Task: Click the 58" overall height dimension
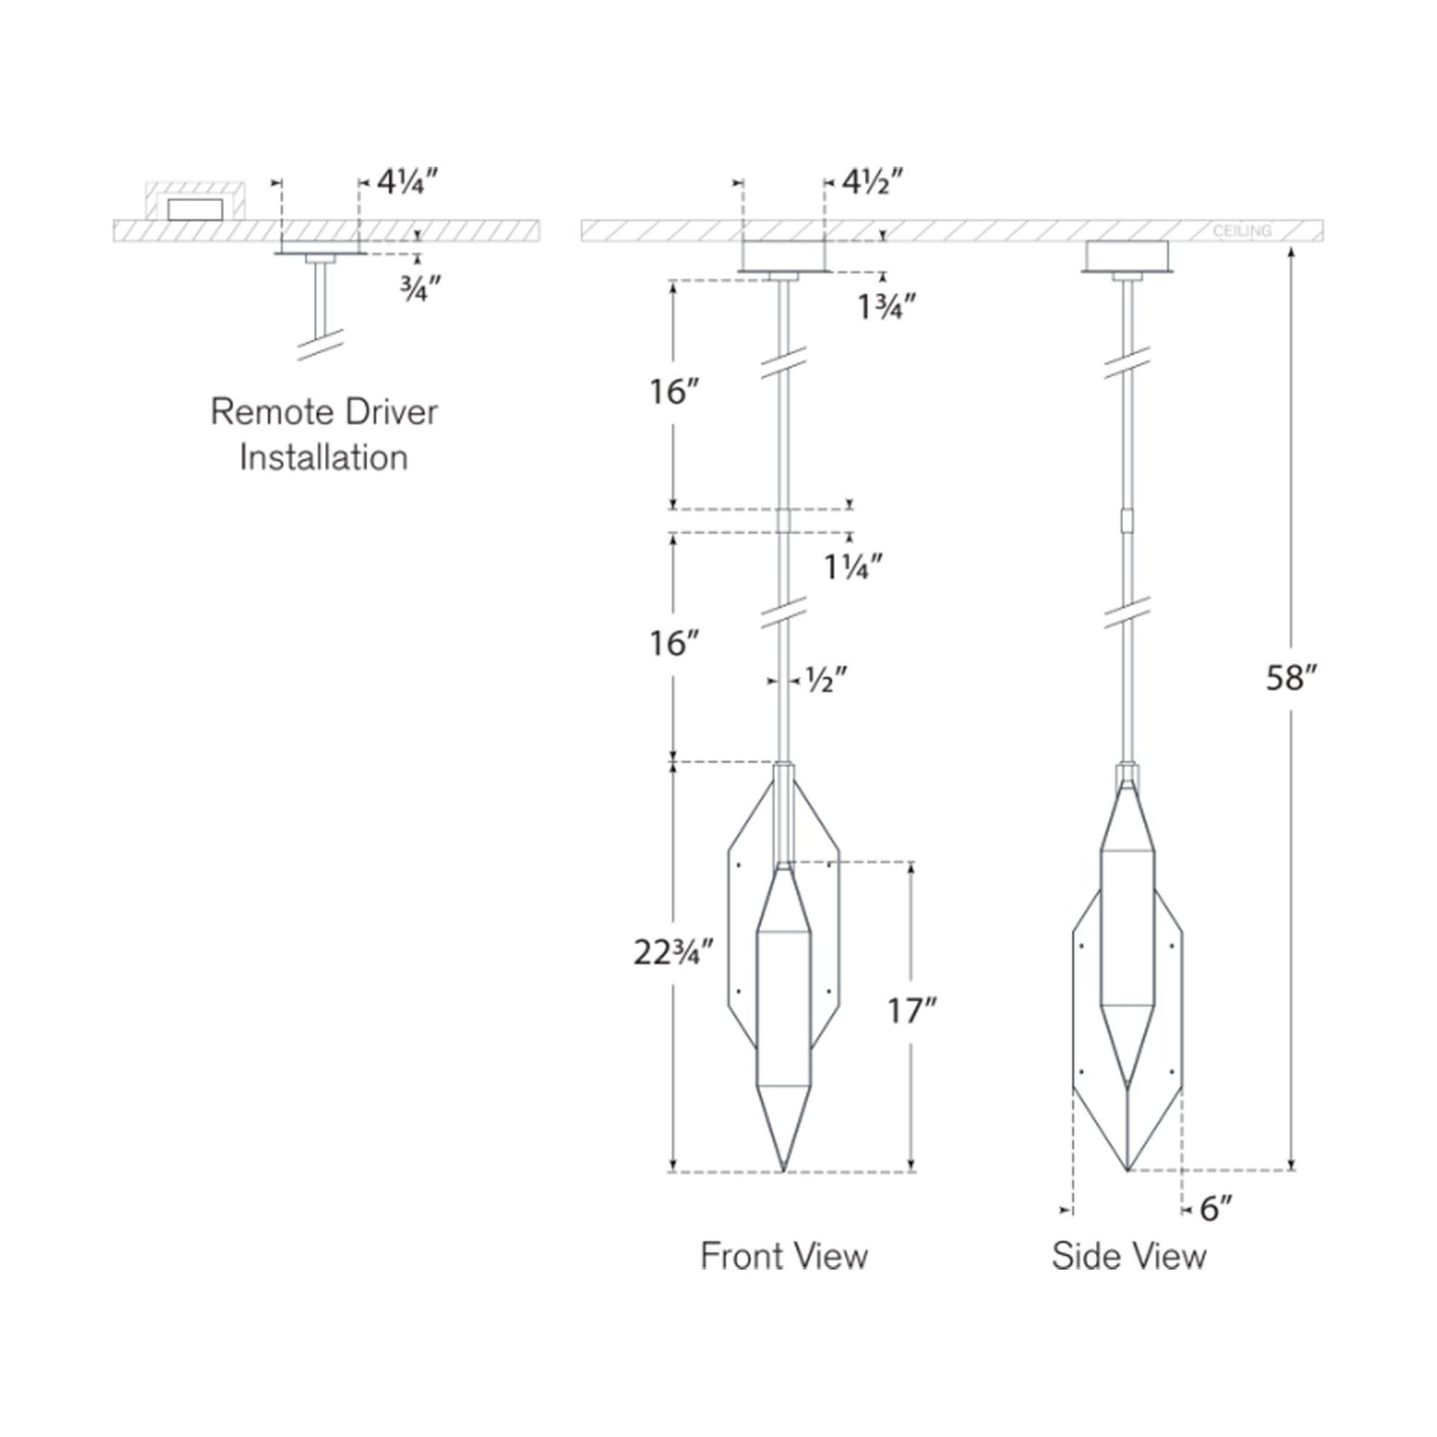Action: (x=1293, y=678)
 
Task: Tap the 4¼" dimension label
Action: (x=407, y=182)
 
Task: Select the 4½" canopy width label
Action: (x=873, y=182)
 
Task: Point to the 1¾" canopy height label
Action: (x=886, y=306)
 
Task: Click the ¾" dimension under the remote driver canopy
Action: (x=416, y=287)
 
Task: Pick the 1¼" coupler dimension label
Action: (x=853, y=568)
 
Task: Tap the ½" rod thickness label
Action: (x=827, y=679)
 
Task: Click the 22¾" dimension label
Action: (x=674, y=953)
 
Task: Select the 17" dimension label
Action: (x=911, y=1012)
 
